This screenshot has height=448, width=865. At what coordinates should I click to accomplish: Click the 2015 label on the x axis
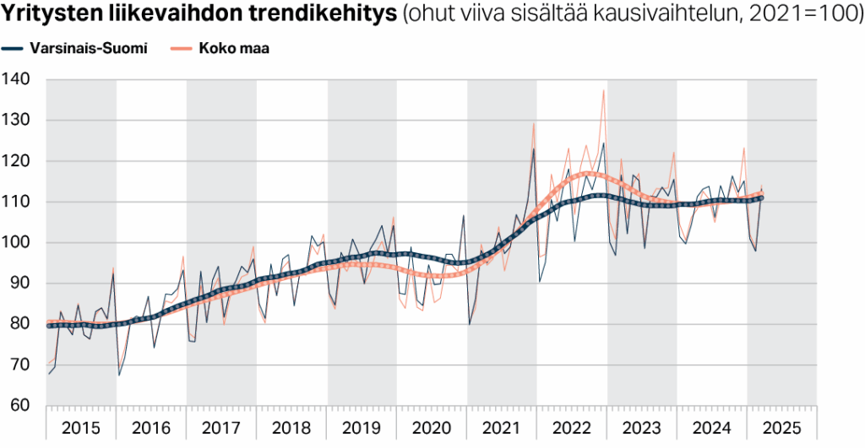[x=81, y=427]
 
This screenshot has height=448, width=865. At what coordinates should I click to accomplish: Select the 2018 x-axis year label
[x=291, y=427]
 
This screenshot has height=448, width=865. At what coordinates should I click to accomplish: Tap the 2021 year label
[x=502, y=427]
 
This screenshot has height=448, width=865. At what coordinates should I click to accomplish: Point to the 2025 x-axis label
[x=782, y=427]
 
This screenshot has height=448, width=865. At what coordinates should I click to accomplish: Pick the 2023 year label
[x=642, y=427]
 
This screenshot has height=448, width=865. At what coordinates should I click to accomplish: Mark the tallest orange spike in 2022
[x=603, y=90]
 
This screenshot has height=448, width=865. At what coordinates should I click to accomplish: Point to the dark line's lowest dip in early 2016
[x=119, y=375]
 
